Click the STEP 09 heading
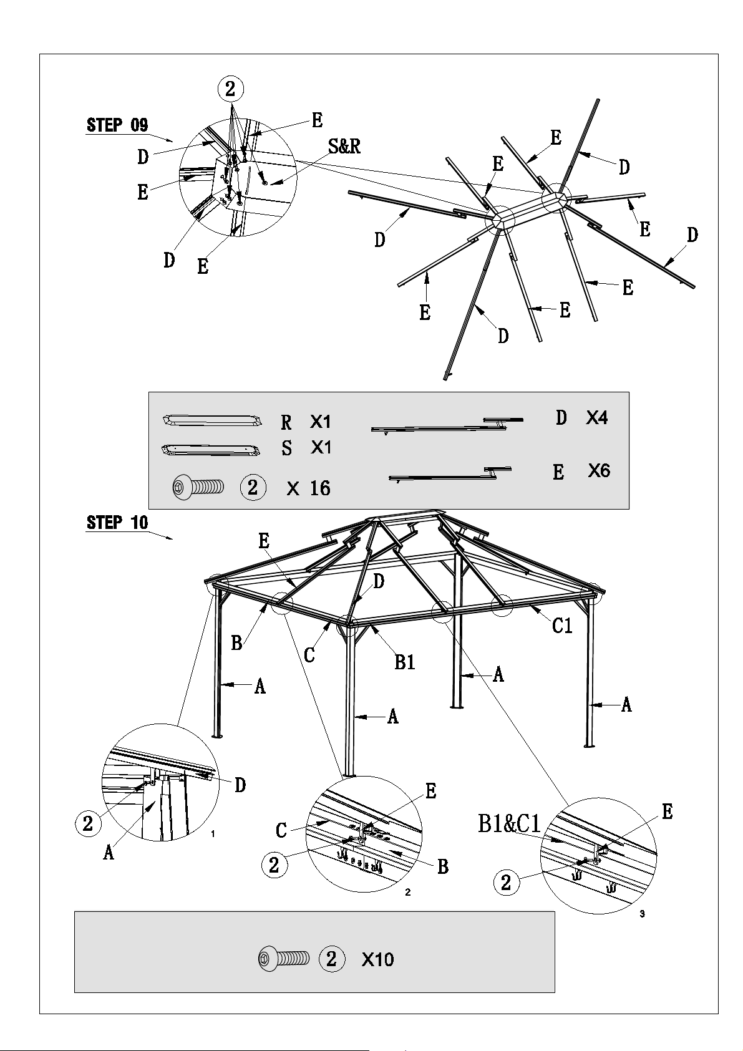tap(117, 125)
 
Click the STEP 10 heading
tap(117, 522)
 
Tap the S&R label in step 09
tap(344, 147)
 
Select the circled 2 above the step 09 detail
tap(230, 88)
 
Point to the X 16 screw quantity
tap(308, 488)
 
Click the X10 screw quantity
tap(377, 959)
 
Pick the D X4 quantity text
tap(581, 417)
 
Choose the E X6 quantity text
tap(581, 470)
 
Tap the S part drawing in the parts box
tap(211, 450)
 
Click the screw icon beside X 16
tap(198, 488)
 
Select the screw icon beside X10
tap(284, 959)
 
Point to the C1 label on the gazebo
tap(562, 626)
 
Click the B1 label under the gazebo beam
tap(405, 662)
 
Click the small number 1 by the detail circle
tap(213, 834)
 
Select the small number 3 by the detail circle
tap(642, 914)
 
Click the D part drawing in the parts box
tap(447, 425)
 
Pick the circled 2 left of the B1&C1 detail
tap(506, 883)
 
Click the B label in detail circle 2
tap(442, 866)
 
